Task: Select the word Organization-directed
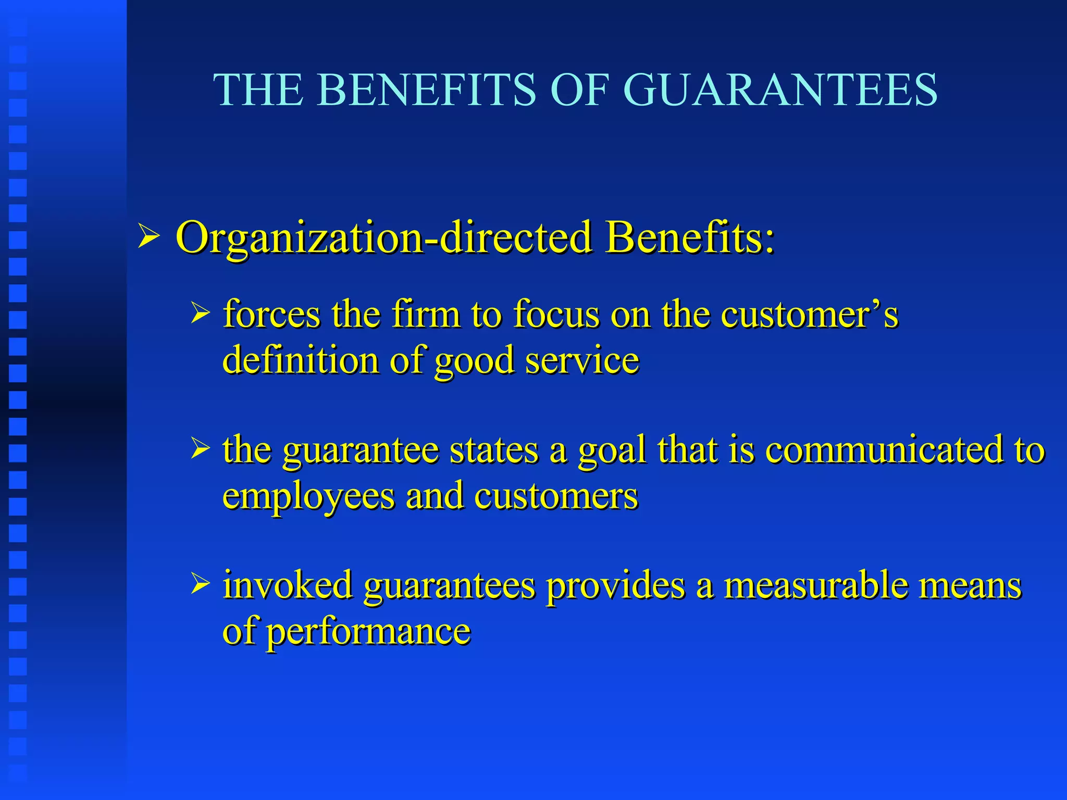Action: tap(384, 238)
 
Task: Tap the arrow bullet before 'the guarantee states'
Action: tap(201, 449)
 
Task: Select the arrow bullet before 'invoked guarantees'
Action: tap(201, 584)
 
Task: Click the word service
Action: tap(582, 360)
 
